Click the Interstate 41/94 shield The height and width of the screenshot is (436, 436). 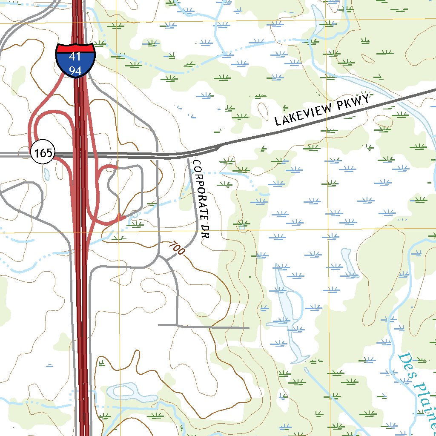tap(75, 60)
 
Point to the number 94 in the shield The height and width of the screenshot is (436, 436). tap(75, 70)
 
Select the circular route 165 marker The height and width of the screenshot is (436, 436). tap(43, 153)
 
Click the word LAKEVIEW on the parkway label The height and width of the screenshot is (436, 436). tap(303, 114)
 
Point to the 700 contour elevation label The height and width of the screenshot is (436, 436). tap(176, 249)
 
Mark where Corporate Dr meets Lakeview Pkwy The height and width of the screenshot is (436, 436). tap(189, 156)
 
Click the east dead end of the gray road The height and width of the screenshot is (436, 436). tap(248, 328)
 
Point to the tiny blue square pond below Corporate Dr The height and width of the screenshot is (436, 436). tap(242, 227)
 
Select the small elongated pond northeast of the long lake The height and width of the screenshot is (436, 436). tap(349, 261)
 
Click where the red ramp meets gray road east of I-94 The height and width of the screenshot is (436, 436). tap(117, 167)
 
